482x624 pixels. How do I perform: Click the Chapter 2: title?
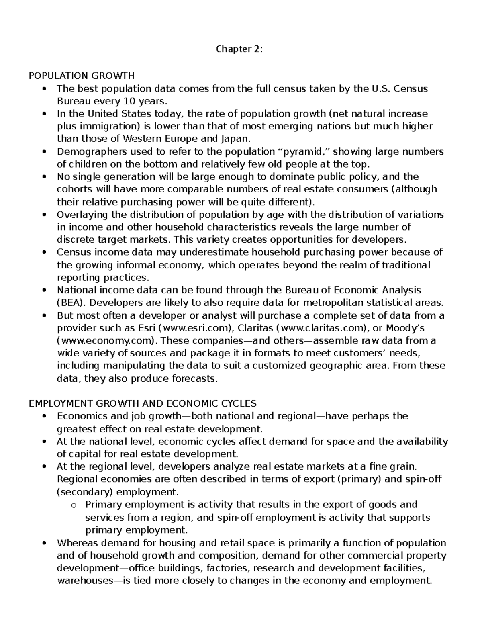(239, 49)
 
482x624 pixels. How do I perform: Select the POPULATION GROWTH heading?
(82, 76)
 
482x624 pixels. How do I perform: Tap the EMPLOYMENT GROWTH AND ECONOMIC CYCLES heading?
(143, 403)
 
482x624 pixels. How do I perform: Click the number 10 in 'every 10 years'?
(130, 101)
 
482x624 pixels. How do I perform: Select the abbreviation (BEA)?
(69, 303)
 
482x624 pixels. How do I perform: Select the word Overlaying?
(77, 215)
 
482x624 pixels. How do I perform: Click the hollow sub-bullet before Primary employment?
(73, 505)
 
